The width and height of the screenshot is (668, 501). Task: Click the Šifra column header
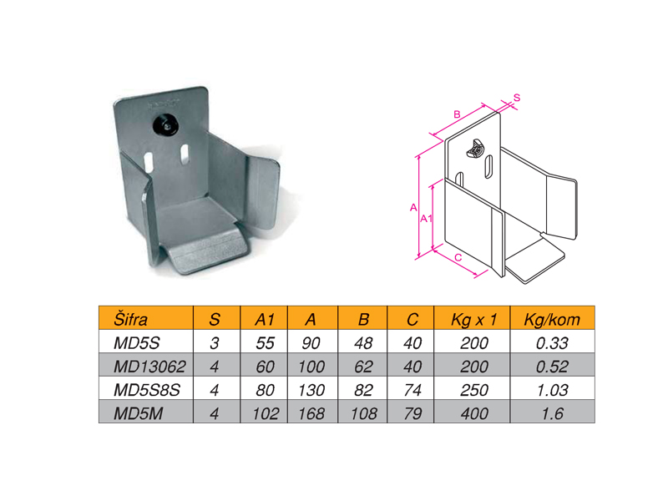click(130, 319)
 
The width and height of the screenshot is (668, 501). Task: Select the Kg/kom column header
click(552, 319)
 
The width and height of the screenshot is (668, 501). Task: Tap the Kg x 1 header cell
click(473, 319)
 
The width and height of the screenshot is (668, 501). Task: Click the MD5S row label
click(136, 342)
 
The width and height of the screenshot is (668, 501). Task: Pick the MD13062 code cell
click(149, 367)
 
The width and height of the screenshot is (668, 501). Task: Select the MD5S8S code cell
click(147, 390)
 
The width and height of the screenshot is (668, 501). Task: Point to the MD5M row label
click(138, 413)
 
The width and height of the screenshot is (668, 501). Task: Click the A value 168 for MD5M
click(311, 413)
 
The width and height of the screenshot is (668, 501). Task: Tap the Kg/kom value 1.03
click(552, 390)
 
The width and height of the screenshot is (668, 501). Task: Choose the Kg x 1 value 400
click(474, 413)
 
